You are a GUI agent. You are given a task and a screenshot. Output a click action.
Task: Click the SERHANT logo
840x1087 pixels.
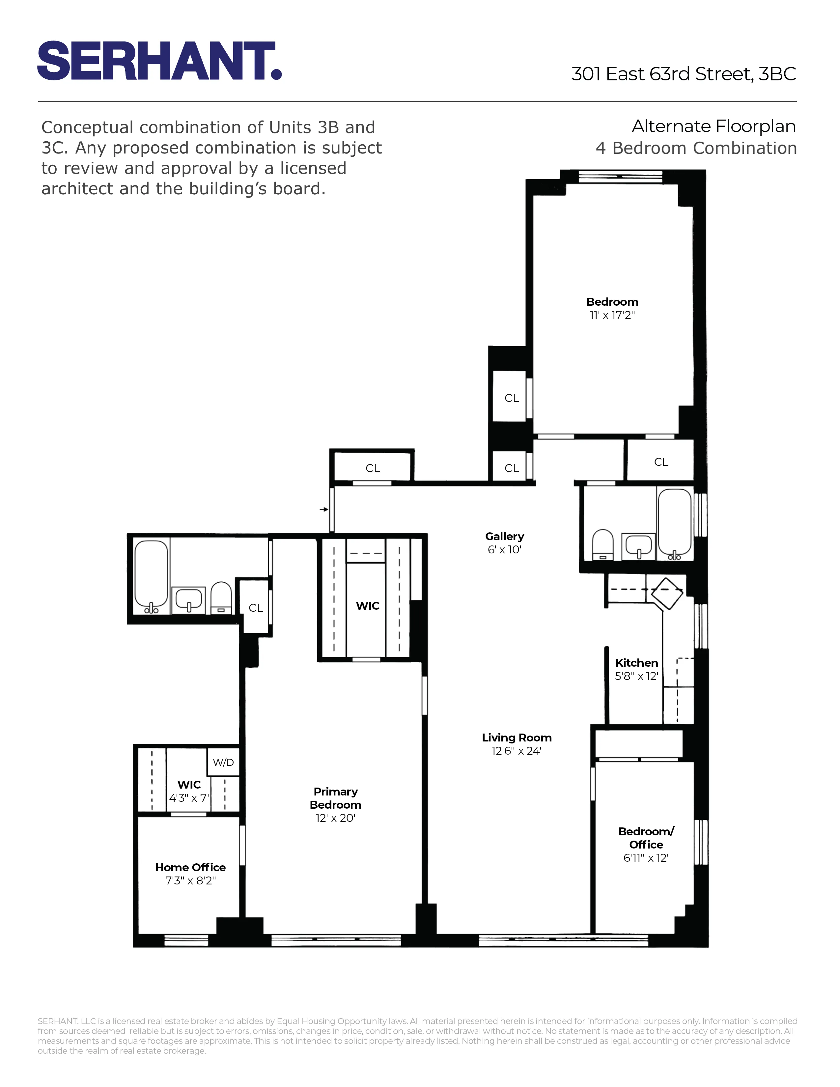point(159,61)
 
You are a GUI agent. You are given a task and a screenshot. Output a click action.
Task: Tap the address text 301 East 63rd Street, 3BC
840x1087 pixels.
point(683,74)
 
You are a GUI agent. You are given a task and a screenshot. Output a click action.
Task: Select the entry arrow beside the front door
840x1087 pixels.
point(324,509)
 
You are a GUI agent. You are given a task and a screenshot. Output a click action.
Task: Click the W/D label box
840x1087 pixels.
point(223,762)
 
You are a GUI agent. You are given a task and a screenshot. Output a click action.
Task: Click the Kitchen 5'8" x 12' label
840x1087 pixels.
point(636,669)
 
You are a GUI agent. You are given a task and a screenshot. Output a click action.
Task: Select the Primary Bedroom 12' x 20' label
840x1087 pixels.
point(335,805)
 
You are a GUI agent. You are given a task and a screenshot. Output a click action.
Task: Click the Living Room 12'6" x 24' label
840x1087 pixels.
point(516,744)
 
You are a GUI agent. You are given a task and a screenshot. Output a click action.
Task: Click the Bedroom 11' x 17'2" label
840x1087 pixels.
point(612,308)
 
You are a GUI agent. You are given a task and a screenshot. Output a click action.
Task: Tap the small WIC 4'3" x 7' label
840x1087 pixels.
point(189,791)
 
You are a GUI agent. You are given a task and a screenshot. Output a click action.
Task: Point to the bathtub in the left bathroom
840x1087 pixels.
point(151,576)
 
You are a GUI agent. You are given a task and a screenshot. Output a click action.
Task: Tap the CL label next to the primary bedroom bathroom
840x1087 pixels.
point(255,608)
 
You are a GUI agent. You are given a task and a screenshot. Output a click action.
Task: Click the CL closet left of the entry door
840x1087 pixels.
point(372,468)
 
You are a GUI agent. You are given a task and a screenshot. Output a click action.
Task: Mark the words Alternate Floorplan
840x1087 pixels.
point(713,126)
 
